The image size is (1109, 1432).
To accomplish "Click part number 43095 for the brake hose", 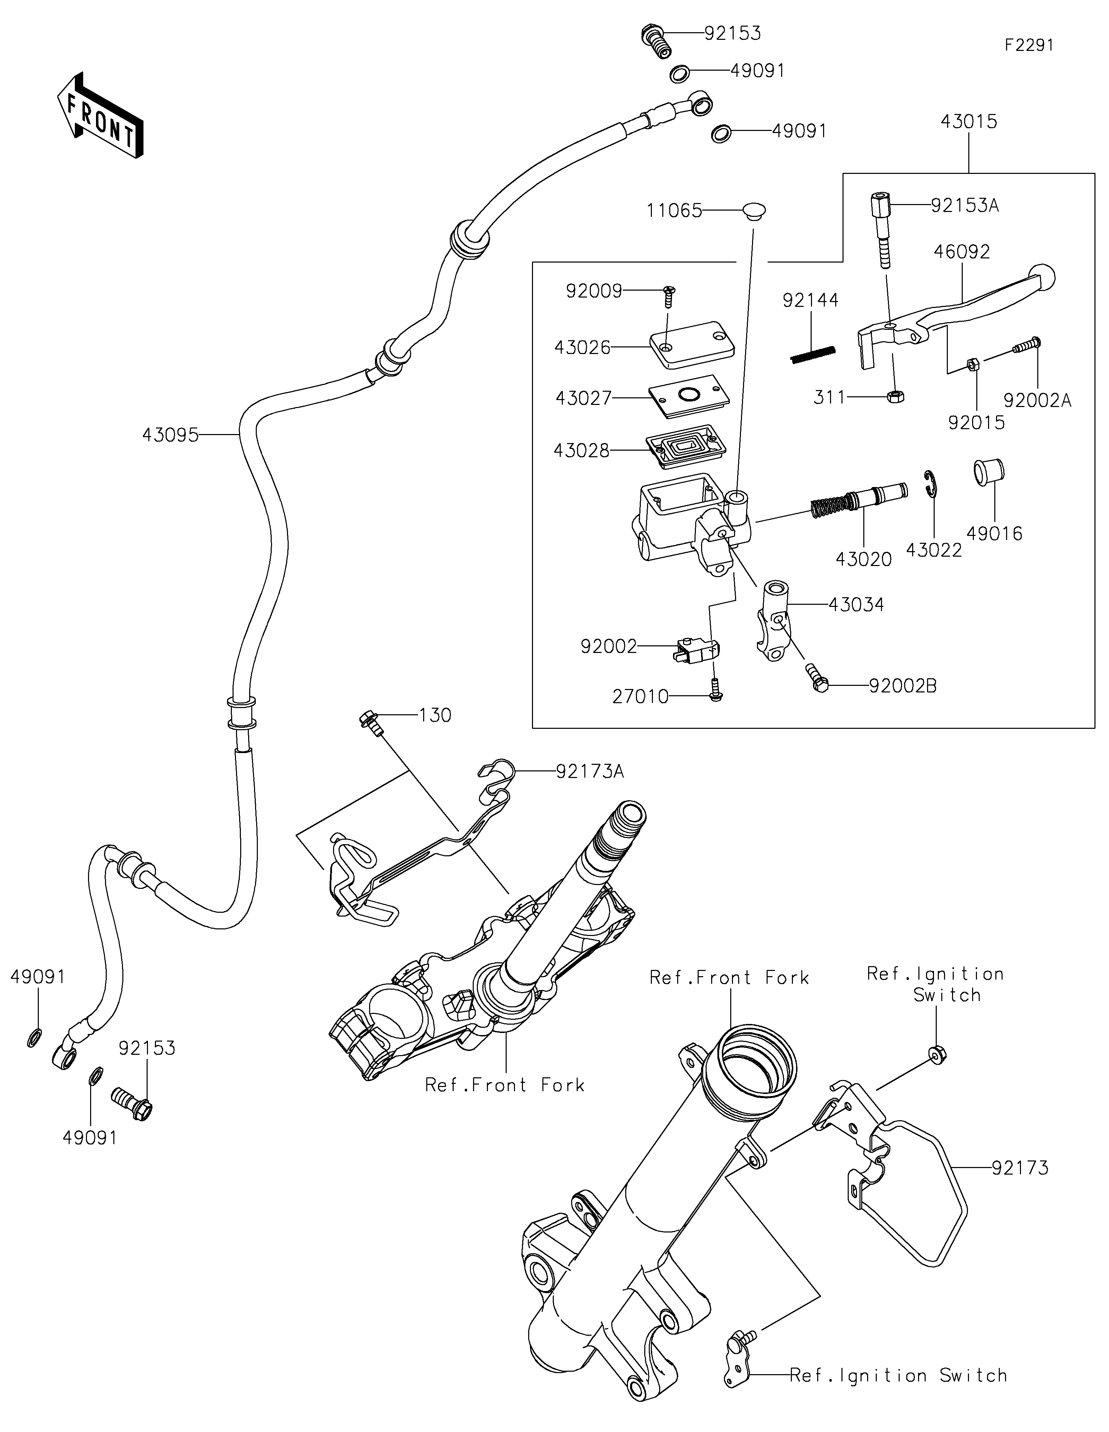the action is (x=170, y=435).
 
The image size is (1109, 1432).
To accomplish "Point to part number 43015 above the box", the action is (x=969, y=121).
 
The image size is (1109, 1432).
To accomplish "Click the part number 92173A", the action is (x=590, y=772).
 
